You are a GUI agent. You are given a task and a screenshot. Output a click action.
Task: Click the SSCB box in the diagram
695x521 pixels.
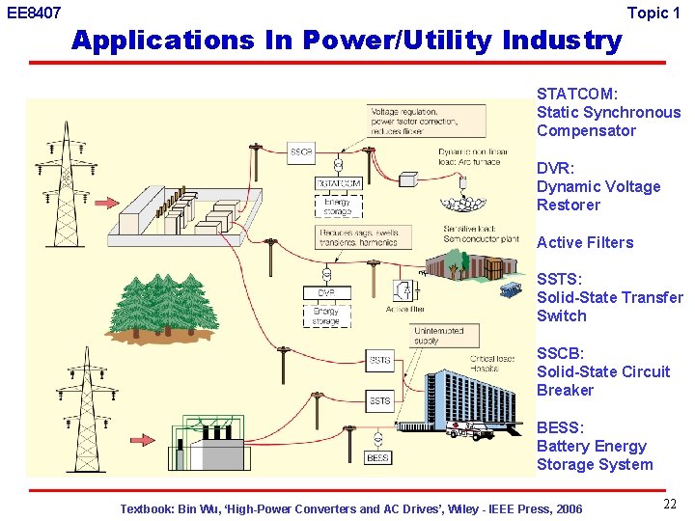(x=301, y=152)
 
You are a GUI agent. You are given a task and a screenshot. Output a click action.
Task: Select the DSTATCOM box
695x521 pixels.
(x=339, y=183)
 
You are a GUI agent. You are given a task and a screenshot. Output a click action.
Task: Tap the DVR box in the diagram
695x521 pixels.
(x=326, y=292)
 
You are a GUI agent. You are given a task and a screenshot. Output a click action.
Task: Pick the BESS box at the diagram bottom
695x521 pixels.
(x=378, y=457)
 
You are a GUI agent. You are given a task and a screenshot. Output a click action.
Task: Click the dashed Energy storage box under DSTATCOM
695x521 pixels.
(x=337, y=206)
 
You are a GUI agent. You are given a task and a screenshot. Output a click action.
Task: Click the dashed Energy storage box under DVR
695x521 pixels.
(x=326, y=315)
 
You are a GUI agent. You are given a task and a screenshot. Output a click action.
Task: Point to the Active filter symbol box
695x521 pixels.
(x=401, y=290)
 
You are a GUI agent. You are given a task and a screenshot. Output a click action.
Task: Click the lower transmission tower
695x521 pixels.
(x=85, y=405)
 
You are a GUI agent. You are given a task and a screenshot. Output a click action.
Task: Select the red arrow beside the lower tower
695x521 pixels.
(x=135, y=439)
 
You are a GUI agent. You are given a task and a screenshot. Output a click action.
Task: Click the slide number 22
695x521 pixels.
(x=670, y=504)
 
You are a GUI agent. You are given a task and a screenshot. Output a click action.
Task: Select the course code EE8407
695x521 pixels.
(x=34, y=14)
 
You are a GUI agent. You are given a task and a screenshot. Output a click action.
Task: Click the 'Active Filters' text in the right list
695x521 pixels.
(x=585, y=242)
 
